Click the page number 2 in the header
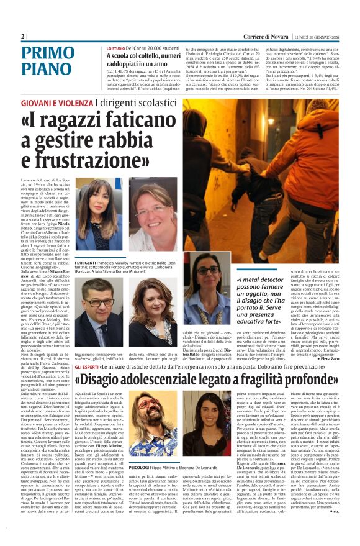pos(23,36)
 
